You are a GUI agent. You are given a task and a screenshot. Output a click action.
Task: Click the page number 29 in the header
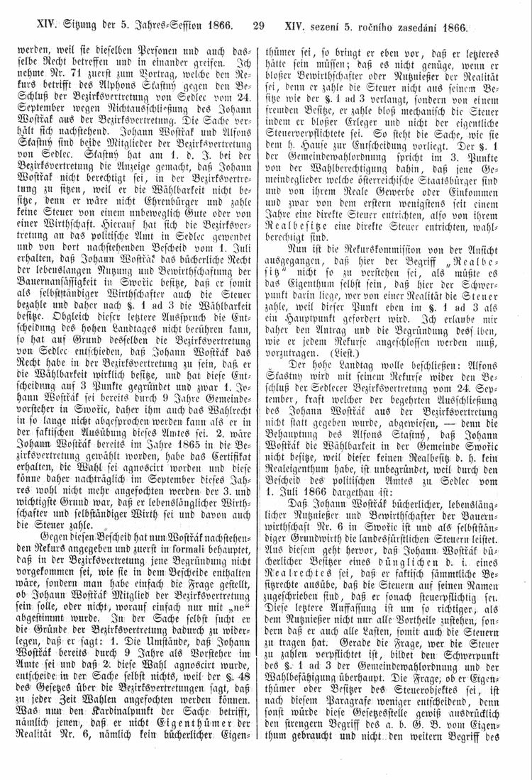(258, 28)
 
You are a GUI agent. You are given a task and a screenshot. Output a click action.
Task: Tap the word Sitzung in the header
(79, 28)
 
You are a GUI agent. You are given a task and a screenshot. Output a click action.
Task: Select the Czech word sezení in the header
(333, 28)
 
